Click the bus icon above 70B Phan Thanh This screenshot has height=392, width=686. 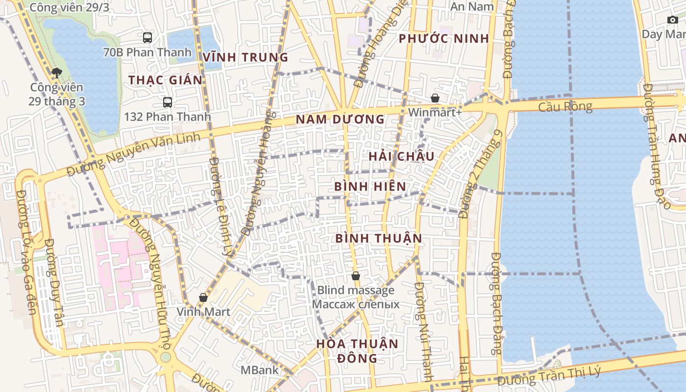[x=147, y=37]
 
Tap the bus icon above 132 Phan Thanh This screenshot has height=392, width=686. [x=168, y=102]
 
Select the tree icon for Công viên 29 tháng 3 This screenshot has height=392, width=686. [x=57, y=73]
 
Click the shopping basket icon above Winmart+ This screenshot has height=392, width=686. [x=435, y=98]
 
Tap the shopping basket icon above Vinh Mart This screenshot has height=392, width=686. [x=203, y=297]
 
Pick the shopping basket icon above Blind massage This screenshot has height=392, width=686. [x=356, y=276]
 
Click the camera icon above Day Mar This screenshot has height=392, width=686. [x=673, y=20]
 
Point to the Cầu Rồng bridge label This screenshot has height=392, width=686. [x=565, y=106]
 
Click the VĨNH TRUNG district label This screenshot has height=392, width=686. [x=245, y=57]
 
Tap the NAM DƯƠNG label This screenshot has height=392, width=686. [x=340, y=119]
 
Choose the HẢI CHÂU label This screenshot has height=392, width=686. [x=401, y=156]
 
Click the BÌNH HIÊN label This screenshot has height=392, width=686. [x=370, y=187]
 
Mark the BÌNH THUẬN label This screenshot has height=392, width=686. [x=378, y=239]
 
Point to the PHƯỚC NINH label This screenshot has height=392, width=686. [x=444, y=39]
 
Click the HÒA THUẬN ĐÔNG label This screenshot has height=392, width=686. [x=357, y=350]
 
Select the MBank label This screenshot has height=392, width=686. [x=259, y=370]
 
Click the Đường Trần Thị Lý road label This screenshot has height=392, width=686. [x=549, y=376]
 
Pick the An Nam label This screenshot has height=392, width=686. [x=472, y=6]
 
